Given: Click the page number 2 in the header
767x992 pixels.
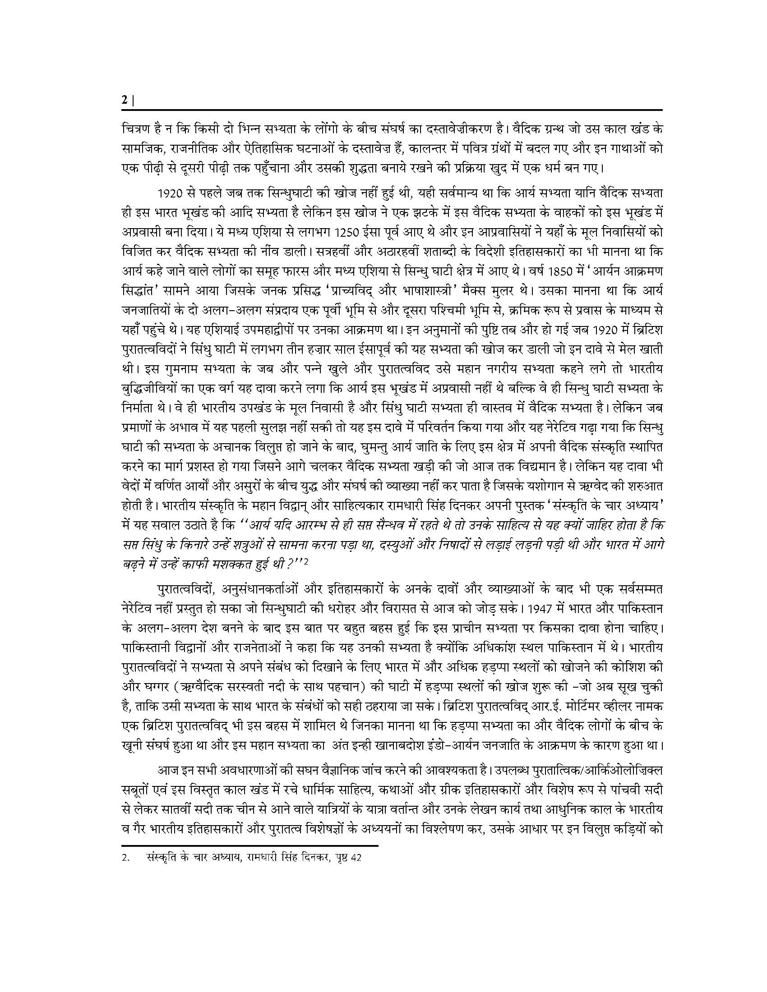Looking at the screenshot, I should tap(124, 102).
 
